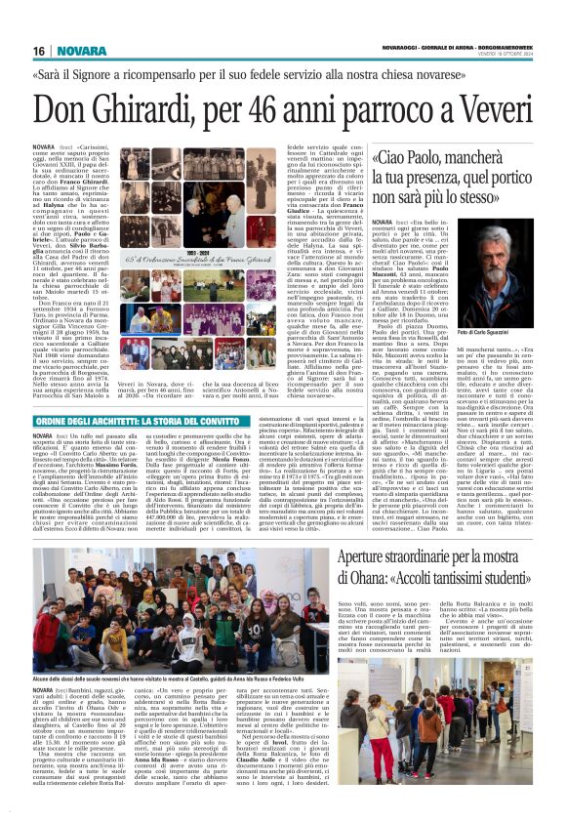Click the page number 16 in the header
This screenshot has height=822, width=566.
(39, 50)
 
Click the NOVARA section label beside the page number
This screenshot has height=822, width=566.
(89, 50)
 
